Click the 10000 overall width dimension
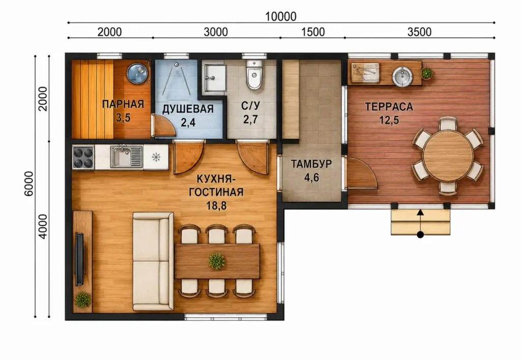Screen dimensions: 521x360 281,16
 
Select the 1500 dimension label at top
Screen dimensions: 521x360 313,32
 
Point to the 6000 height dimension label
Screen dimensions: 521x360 29,184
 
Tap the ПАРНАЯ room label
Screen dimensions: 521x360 123,104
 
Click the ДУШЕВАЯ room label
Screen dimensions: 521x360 188,109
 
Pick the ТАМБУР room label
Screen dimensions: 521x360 311,164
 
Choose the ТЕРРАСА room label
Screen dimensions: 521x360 389,107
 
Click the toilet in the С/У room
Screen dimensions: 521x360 254,75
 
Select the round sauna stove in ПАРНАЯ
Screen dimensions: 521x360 137,73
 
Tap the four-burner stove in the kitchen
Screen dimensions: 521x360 83,158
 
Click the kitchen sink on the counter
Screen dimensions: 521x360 126,157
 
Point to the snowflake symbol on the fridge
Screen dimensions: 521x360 156,157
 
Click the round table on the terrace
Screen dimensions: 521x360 448,156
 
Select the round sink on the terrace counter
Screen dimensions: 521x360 402,76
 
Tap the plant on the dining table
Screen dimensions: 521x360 217,261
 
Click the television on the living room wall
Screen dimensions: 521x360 79,259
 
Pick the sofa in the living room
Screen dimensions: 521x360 153,261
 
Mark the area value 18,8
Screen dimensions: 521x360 216,206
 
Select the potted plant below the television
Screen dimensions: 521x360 82,299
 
